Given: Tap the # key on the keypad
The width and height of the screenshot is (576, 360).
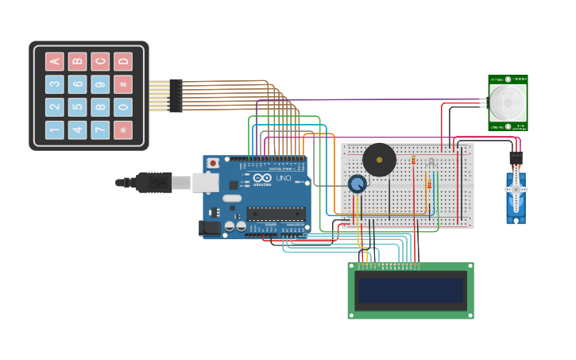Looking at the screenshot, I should coord(123,84).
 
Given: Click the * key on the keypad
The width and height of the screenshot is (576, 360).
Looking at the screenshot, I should coord(123,130).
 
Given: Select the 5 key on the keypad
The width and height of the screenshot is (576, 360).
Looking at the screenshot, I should coord(77,107).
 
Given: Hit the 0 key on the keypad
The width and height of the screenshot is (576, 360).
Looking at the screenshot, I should coord(123,107).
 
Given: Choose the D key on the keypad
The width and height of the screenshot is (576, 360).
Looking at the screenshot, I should coord(123,61).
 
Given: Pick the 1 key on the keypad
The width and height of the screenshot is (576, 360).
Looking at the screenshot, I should coord(54,130).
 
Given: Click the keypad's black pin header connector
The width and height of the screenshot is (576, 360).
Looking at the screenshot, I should coord(176,95).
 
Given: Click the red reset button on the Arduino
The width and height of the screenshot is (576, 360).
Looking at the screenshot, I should coord(213,163).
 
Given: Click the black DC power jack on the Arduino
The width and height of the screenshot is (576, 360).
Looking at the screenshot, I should coord(210,228).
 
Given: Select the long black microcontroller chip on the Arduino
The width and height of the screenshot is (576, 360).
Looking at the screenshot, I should coord(276,213).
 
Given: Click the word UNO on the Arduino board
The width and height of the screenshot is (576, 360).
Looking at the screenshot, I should coord(283,178).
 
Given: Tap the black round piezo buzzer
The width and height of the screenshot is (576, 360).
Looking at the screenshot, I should coord(379,160).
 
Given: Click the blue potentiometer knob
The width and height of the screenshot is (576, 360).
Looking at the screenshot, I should coord(358,184).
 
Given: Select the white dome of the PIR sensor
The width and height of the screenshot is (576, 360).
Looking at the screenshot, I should coord(508,102).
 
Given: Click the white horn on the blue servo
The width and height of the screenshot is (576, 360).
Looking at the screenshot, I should coord(516,191).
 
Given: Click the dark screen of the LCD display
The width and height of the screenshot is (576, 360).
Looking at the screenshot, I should coord(411,290).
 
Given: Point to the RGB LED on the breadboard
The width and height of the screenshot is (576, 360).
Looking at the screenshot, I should coord(431,163).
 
